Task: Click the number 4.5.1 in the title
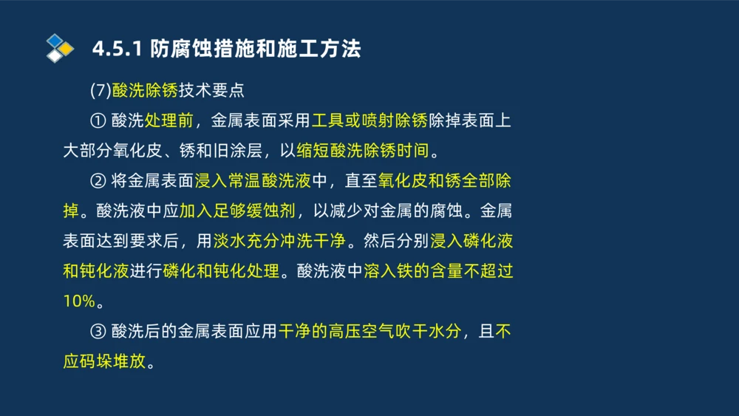[x=117, y=50]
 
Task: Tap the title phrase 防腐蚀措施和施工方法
[x=256, y=50]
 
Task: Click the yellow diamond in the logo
[x=67, y=49]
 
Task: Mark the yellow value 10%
[x=79, y=301]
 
